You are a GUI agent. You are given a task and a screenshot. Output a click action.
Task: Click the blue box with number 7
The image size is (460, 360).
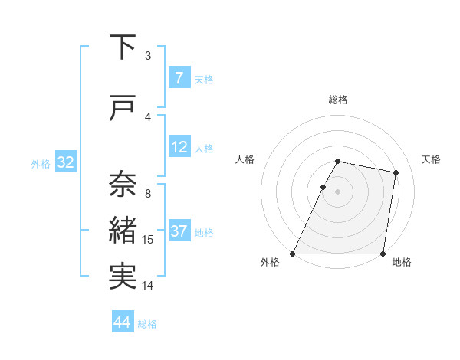pos(179,77)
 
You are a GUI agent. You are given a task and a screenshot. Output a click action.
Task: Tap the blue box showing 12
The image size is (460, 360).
pos(179,146)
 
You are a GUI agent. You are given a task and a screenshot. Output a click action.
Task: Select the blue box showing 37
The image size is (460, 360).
pos(179,231)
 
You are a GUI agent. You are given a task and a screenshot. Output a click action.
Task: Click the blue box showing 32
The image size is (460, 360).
pos(65,162)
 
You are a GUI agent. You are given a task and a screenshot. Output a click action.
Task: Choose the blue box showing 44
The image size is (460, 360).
pos(123,322)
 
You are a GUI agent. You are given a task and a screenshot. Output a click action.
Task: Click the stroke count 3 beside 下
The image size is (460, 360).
pos(148,56)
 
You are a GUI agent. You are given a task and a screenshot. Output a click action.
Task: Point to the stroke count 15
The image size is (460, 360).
pos(148,240)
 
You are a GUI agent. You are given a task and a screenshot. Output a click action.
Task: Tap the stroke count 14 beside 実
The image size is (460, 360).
pos(148,286)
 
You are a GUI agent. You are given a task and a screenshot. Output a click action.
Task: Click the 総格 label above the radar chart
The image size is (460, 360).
pos(338,100)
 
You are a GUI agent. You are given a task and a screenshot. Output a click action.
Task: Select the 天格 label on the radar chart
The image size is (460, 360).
pos(432,159)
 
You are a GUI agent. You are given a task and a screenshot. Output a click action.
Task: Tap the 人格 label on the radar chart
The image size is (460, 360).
pos(245,159)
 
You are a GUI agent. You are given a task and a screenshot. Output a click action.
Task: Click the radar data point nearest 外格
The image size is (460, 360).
pos(293,254)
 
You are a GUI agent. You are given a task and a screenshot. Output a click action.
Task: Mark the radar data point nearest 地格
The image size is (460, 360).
pos(383,254)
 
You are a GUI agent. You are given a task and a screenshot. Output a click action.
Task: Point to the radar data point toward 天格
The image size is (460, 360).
pos(396,173)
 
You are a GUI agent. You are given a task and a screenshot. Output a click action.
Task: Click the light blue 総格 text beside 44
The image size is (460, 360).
pos(147,324)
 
